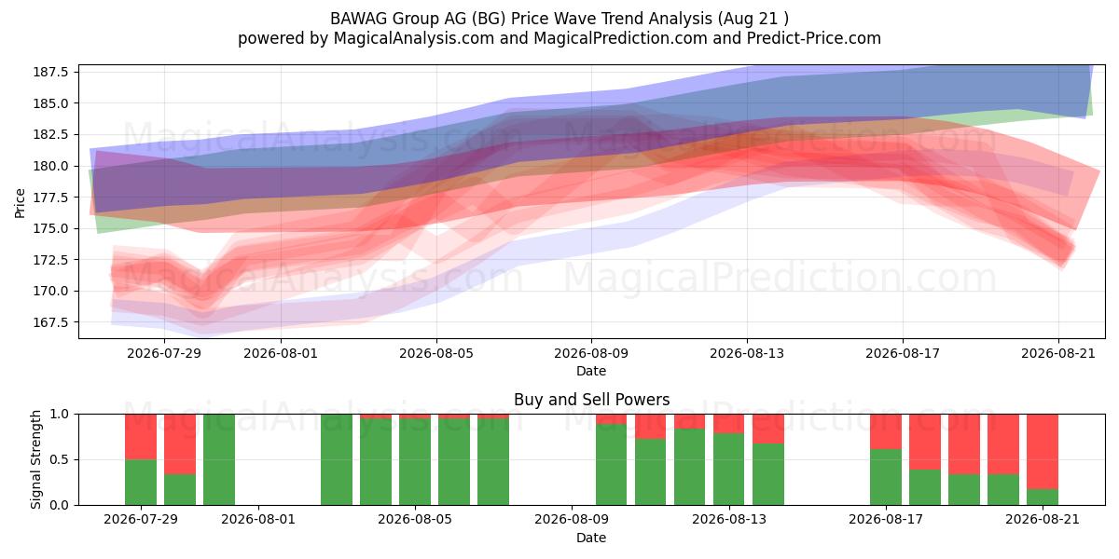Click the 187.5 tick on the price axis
click(x=50, y=72)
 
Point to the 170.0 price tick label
click(x=50, y=291)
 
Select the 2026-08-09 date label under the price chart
click(x=591, y=353)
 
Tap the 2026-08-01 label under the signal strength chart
click(x=258, y=520)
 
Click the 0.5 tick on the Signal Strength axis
click(x=60, y=459)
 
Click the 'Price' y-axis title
click(x=20, y=203)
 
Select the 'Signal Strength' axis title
click(x=35, y=459)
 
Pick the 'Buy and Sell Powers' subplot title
click(x=591, y=400)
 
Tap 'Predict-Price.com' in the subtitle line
click(x=814, y=38)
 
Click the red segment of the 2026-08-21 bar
click(x=1043, y=452)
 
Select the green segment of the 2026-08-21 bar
click(x=1043, y=498)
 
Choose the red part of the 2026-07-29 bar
click(x=141, y=437)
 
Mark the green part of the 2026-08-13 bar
click(x=729, y=470)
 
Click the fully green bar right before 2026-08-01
click(x=219, y=459)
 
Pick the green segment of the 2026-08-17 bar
click(x=886, y=477)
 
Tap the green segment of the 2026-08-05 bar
click(x=415, y=462)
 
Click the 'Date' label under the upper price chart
click(x=591, y=372)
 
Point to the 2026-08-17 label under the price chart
click(x=903, y=353)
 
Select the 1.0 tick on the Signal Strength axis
click(x=60, y=415)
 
